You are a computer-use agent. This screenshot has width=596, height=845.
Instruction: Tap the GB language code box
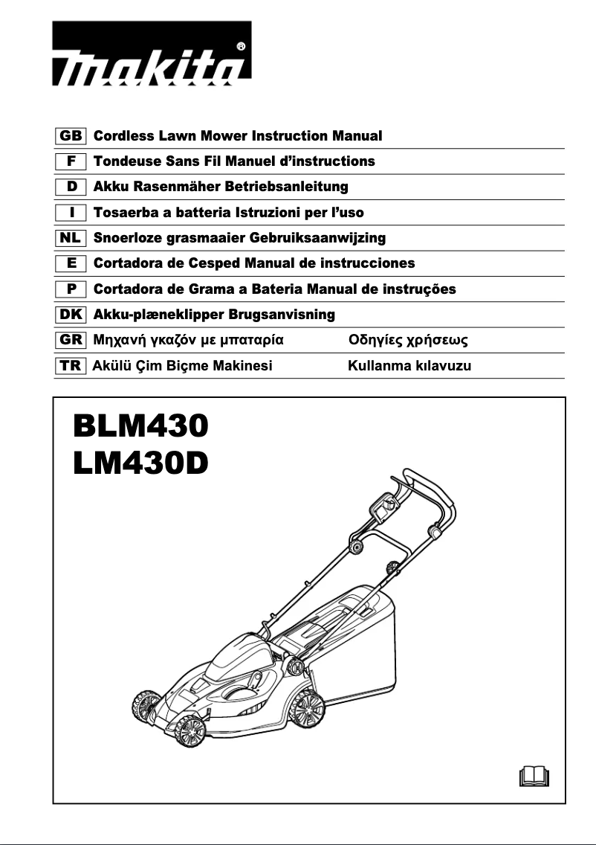(x=71, y=136)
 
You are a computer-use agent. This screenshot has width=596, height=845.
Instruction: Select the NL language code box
(x=71, y=238)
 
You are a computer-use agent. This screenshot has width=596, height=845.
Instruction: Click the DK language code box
(x=71, y=315)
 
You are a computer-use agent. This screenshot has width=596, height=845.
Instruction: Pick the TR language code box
(x=71, y=366)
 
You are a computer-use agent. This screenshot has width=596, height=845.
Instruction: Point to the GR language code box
(x=71, y=341)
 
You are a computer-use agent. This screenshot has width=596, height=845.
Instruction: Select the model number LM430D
(x=140, y=463)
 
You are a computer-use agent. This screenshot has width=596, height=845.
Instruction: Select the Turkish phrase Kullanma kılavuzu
(x=409, y=366)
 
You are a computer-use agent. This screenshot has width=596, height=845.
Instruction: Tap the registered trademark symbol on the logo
(x=240, y=46)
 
